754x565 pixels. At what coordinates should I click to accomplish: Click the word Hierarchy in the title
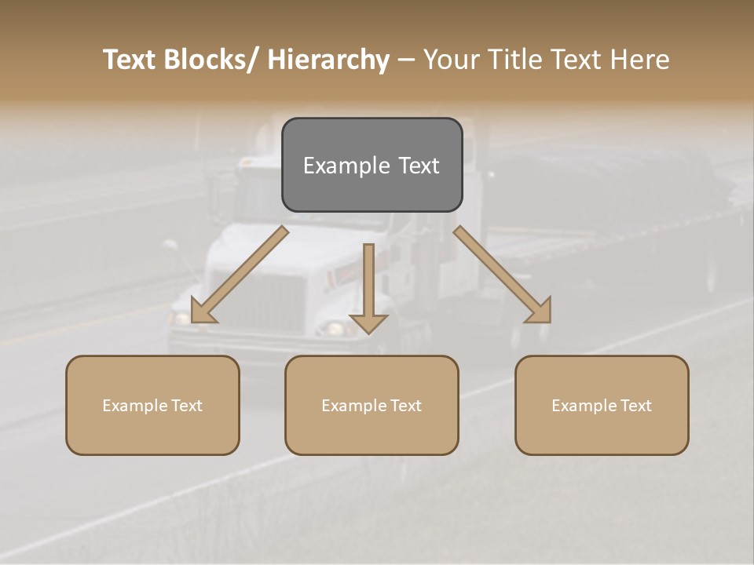[328, 60]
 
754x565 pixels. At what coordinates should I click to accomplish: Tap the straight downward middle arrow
[368, 290]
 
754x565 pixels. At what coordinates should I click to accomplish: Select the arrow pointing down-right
[503, 275]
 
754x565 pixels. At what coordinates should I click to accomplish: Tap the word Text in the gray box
[419, 166]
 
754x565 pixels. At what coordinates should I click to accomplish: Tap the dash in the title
[405, 60]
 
